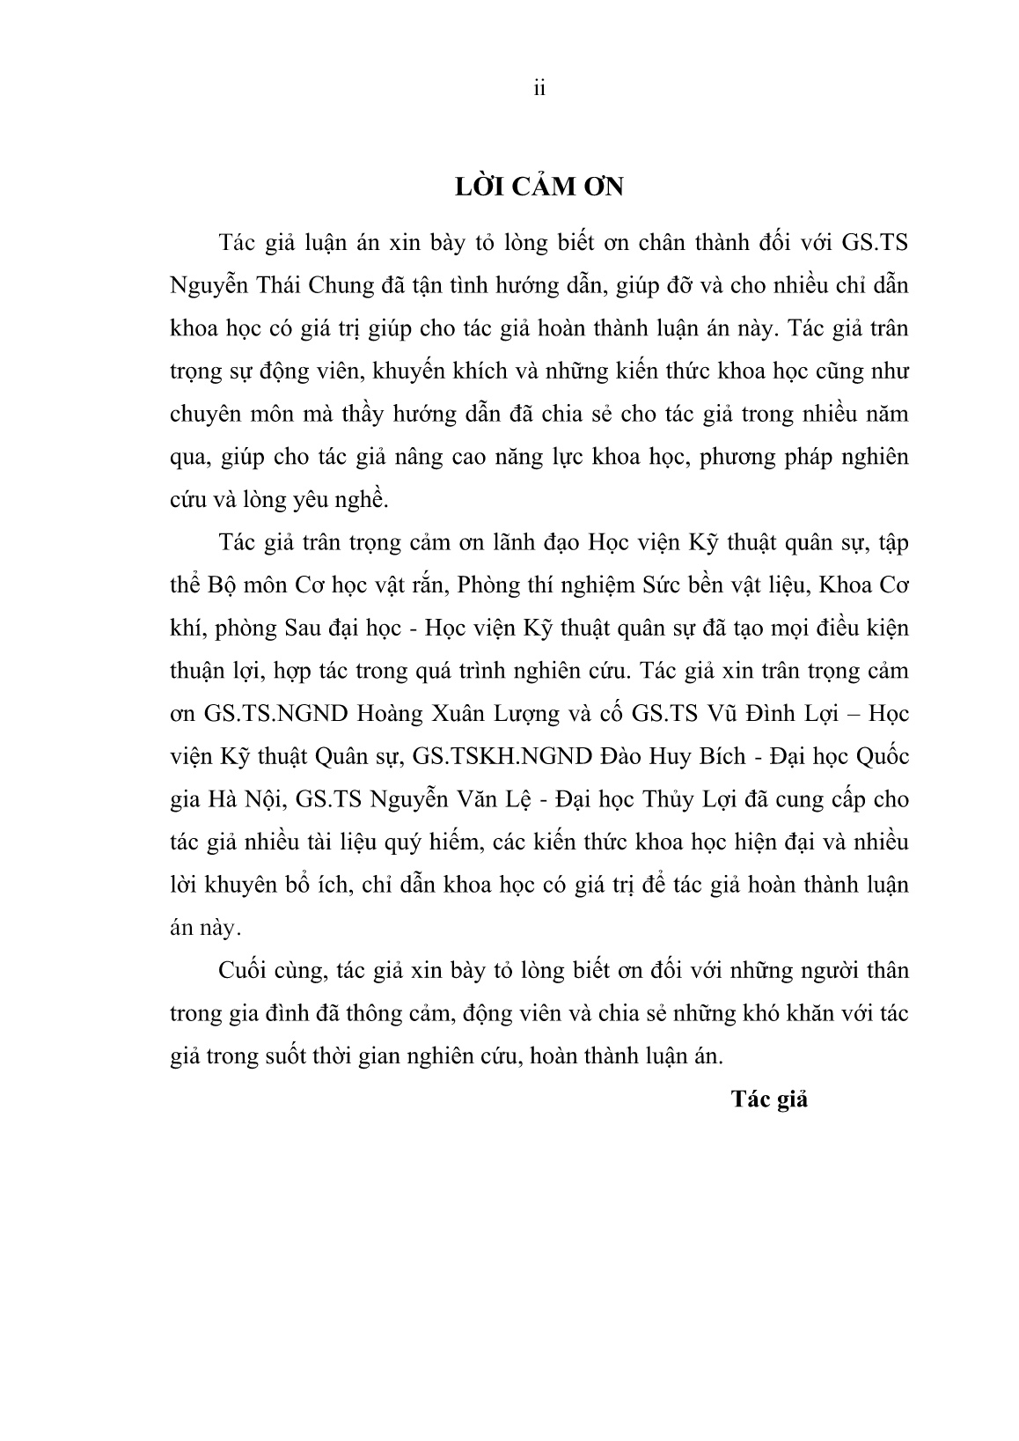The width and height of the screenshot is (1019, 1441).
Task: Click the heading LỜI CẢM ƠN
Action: click(x=539, y=187)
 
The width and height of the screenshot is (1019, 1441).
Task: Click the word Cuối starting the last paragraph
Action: click(x=241, y=971)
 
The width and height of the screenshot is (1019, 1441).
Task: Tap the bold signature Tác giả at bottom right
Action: click(x=768, y=1099)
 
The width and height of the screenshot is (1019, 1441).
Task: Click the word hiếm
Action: click(x=457, y=842)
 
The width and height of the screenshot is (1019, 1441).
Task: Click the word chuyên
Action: click(x=205, y=414)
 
